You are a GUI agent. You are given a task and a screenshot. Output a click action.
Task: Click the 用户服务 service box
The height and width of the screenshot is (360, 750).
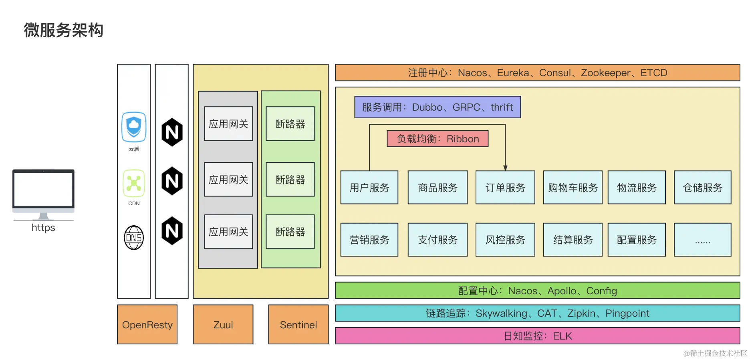[369, 188]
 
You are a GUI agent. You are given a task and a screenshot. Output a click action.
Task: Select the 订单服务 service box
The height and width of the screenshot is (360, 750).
[505, 188]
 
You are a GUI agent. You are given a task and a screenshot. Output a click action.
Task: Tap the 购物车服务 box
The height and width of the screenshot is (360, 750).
[573, 188]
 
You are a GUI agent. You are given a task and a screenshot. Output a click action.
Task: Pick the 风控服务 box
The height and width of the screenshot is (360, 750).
[505, 240]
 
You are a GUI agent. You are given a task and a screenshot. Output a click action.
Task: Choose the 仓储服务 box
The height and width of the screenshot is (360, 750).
[702, 188]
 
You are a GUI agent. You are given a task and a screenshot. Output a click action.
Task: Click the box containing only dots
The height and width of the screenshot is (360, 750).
[702, 240]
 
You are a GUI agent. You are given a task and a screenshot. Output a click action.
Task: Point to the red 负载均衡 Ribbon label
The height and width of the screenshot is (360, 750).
[437, 139]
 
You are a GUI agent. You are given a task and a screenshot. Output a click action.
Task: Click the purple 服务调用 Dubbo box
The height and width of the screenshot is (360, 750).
[437, 107]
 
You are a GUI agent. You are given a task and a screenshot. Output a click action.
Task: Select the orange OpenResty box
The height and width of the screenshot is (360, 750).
[147, 325]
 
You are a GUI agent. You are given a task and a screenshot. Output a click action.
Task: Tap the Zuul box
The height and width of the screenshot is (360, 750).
[223, 325]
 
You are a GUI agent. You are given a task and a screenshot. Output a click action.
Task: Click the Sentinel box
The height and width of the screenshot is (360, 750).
[298, 325]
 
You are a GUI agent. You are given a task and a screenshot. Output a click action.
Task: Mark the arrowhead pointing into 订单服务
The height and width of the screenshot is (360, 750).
[505, 168]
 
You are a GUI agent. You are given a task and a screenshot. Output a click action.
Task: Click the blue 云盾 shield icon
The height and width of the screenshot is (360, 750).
[134, 127]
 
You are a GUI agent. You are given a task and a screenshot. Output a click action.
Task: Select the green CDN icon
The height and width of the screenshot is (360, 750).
[134, 183]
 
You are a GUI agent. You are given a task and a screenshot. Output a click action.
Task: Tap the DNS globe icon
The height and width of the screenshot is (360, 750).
[134, 238]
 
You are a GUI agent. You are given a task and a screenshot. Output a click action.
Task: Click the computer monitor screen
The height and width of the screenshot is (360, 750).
[43, 189]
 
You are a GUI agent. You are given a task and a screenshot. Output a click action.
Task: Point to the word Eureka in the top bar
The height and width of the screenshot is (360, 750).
[513, 73]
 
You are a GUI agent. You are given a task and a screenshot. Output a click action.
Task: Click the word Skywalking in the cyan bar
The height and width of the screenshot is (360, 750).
[501, 313]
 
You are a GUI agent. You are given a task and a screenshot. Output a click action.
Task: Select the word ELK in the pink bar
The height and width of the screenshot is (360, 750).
[562, 336]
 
